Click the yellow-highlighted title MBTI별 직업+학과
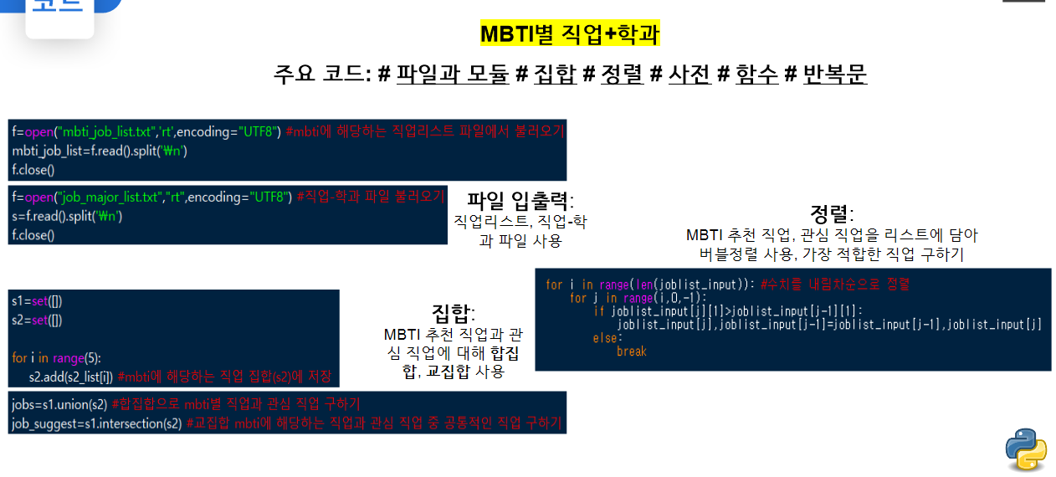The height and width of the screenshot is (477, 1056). tap(570, 34)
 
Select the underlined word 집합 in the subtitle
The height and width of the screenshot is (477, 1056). tap(555, 74)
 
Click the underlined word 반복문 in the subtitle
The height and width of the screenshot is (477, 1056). tap(834, 74)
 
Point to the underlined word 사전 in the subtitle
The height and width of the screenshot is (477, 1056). tap(689, 74)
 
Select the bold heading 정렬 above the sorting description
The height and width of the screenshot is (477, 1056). tap(829, 213)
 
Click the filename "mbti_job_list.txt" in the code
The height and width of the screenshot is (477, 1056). tap(107, 131)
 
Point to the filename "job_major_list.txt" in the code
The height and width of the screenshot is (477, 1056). tap(108, 197)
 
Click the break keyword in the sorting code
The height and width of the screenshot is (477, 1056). tap(631, 351)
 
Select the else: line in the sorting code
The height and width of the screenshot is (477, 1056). tap(607, 338)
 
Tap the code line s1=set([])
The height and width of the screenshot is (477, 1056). tap(37, 301)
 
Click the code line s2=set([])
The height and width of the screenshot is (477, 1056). tap(37, 320)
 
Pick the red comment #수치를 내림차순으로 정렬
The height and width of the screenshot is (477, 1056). tap(834, 285)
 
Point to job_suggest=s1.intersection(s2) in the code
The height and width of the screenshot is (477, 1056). tap(96, 423)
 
